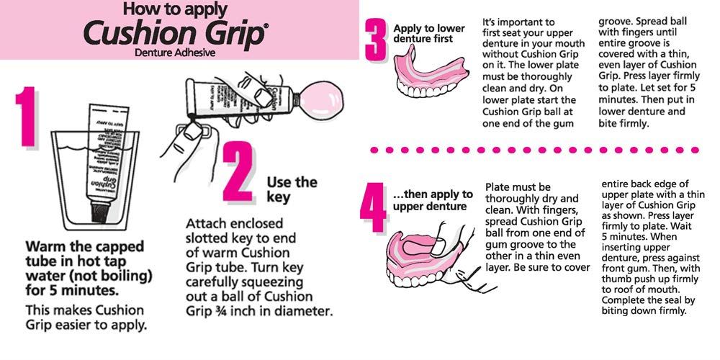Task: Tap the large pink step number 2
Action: [x=239, y=174]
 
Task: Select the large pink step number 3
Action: [x=376, y=42]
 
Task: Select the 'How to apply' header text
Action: [x=175, y=9]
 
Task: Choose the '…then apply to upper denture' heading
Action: [x=433, y=201]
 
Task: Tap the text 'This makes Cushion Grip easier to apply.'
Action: [x=85, y=317]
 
